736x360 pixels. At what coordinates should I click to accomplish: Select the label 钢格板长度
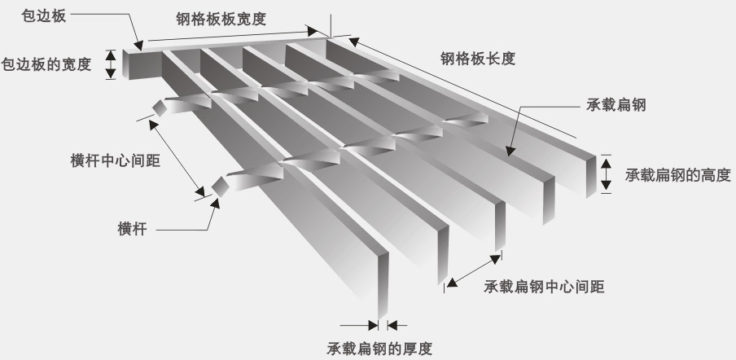[477, 59]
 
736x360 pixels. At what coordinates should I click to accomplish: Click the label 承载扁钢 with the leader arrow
[616, 105]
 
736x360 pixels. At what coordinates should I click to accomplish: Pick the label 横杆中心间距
[114, 160]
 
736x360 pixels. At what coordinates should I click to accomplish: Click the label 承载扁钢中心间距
[544, 287]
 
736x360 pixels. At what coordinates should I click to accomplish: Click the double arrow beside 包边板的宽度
[112, 64]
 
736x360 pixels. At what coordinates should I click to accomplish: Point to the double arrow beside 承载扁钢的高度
[606, 173]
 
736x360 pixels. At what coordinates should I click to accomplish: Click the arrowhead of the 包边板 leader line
[140, 47]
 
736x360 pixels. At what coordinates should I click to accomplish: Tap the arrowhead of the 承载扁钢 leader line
[508, 151]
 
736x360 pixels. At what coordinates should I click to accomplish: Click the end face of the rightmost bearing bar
[594, 174]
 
